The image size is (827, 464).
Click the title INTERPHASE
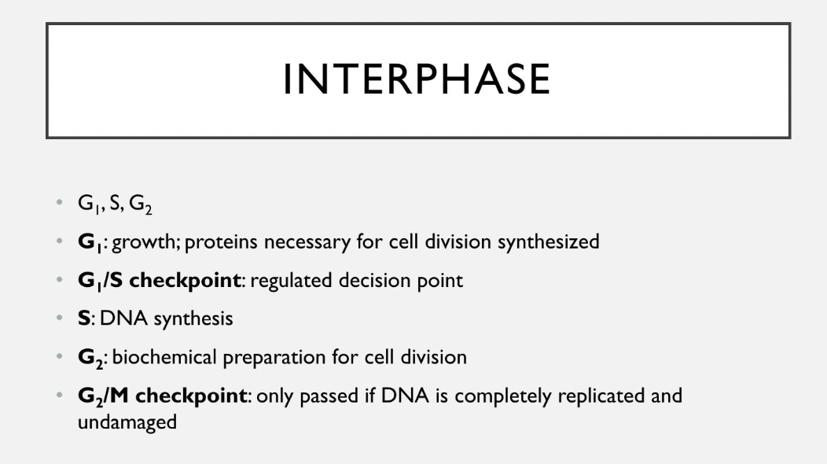point(417,79)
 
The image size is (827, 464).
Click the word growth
point(146,242)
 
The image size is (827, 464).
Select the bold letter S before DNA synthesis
point(83,319)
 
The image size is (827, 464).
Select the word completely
point(503,396)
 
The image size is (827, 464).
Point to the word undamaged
point(127,422)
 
